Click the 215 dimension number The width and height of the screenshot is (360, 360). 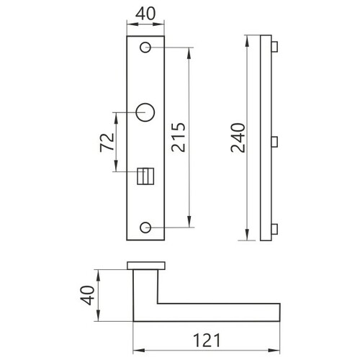pos(179,137)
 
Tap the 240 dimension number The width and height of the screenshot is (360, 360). pos(238,138)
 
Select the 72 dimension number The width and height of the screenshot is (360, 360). pos(107,142)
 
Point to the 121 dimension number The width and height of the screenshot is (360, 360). pos(207,340)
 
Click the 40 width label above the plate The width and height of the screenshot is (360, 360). pos(145,14)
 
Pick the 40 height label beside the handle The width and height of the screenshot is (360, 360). pos(87,295)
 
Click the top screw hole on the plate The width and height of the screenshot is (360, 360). pos(145,48)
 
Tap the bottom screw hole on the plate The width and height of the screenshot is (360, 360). pos(145,228)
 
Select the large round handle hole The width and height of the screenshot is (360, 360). pos(145,112)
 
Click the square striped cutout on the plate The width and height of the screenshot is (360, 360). pos(145,176)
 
